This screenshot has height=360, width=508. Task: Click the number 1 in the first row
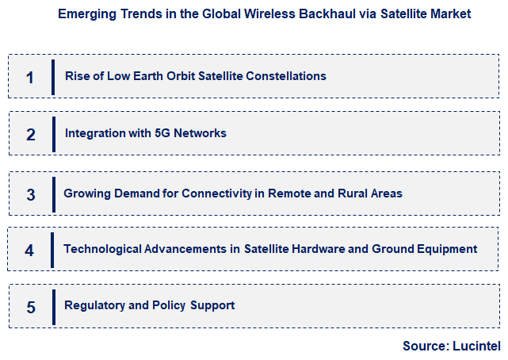click(x=30, y=77)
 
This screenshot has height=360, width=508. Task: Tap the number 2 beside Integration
click(x=30, y=134)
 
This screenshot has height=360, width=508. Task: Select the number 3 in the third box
click(x=30, y=194)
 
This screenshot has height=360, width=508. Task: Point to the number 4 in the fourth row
click(x=30, y=251)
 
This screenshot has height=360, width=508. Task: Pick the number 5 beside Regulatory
click(x=30, y=307)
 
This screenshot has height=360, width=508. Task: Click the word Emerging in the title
click(x=83, y=13)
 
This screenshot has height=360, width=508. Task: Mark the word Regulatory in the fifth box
click(x=93, y=305)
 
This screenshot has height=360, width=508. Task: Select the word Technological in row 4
click(x=102, y=249)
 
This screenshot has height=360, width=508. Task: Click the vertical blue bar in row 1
click(x=53, y=77)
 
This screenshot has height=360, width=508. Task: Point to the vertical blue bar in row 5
click(x=53, y=307)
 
